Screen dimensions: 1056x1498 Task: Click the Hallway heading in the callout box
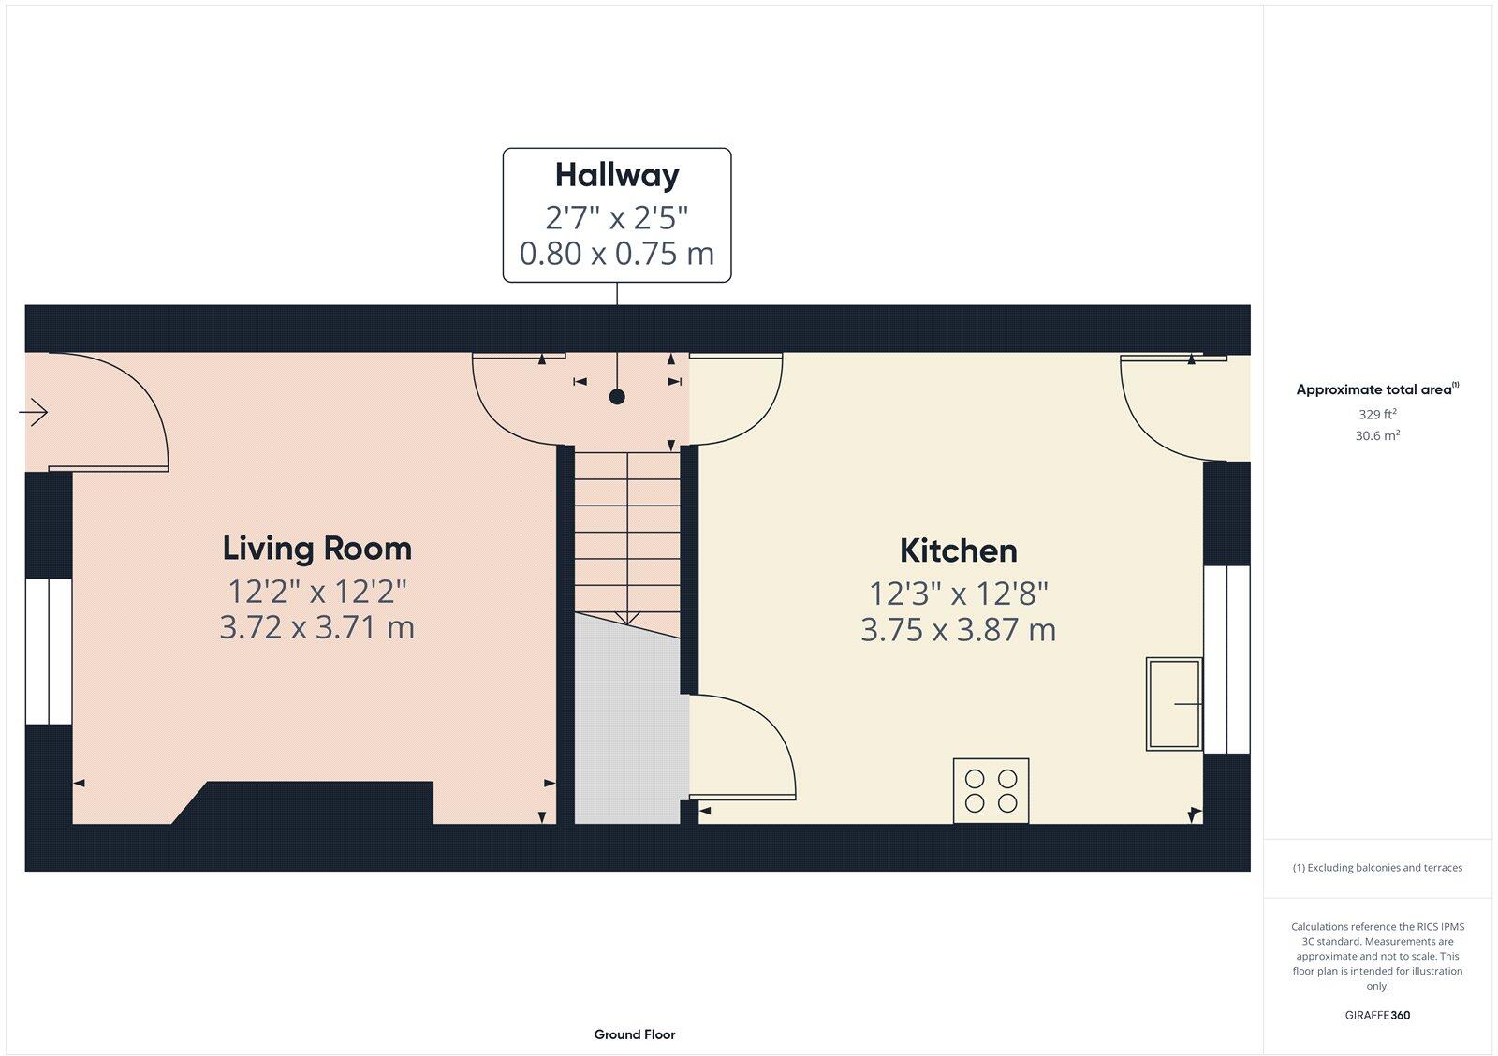tap(617, 175)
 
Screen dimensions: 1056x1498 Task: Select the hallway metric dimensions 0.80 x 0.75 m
tap(617, 254)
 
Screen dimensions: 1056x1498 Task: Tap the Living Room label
tap(316, 549)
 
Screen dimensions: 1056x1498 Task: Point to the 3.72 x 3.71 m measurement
tap(316, 627)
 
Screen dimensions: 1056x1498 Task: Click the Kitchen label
tap(958, 551)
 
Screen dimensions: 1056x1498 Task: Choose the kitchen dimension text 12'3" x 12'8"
tap(958, 594)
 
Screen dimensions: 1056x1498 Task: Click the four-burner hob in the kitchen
tap(991, 790)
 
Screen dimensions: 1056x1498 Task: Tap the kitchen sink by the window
tap(1173, 704)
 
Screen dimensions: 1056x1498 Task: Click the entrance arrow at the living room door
tap(34, 412)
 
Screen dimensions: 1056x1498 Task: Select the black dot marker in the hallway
tap(617, 397)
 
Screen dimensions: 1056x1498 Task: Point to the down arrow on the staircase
tap(626, 616)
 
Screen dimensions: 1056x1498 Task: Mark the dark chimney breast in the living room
tap(318, 803)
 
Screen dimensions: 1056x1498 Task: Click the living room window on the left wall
tap(48, 652)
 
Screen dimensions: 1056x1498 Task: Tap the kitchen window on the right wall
tap(1226, 659)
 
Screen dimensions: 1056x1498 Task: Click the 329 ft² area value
tap(1377, 414)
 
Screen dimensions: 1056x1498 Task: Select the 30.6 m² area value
tap(1377, 435)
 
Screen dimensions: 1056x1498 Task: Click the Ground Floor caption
tap(634, 1034)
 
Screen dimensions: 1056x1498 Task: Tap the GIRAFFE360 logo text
tap(1377, 1015)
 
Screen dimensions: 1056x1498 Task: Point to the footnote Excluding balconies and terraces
tap(1377, 868)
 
